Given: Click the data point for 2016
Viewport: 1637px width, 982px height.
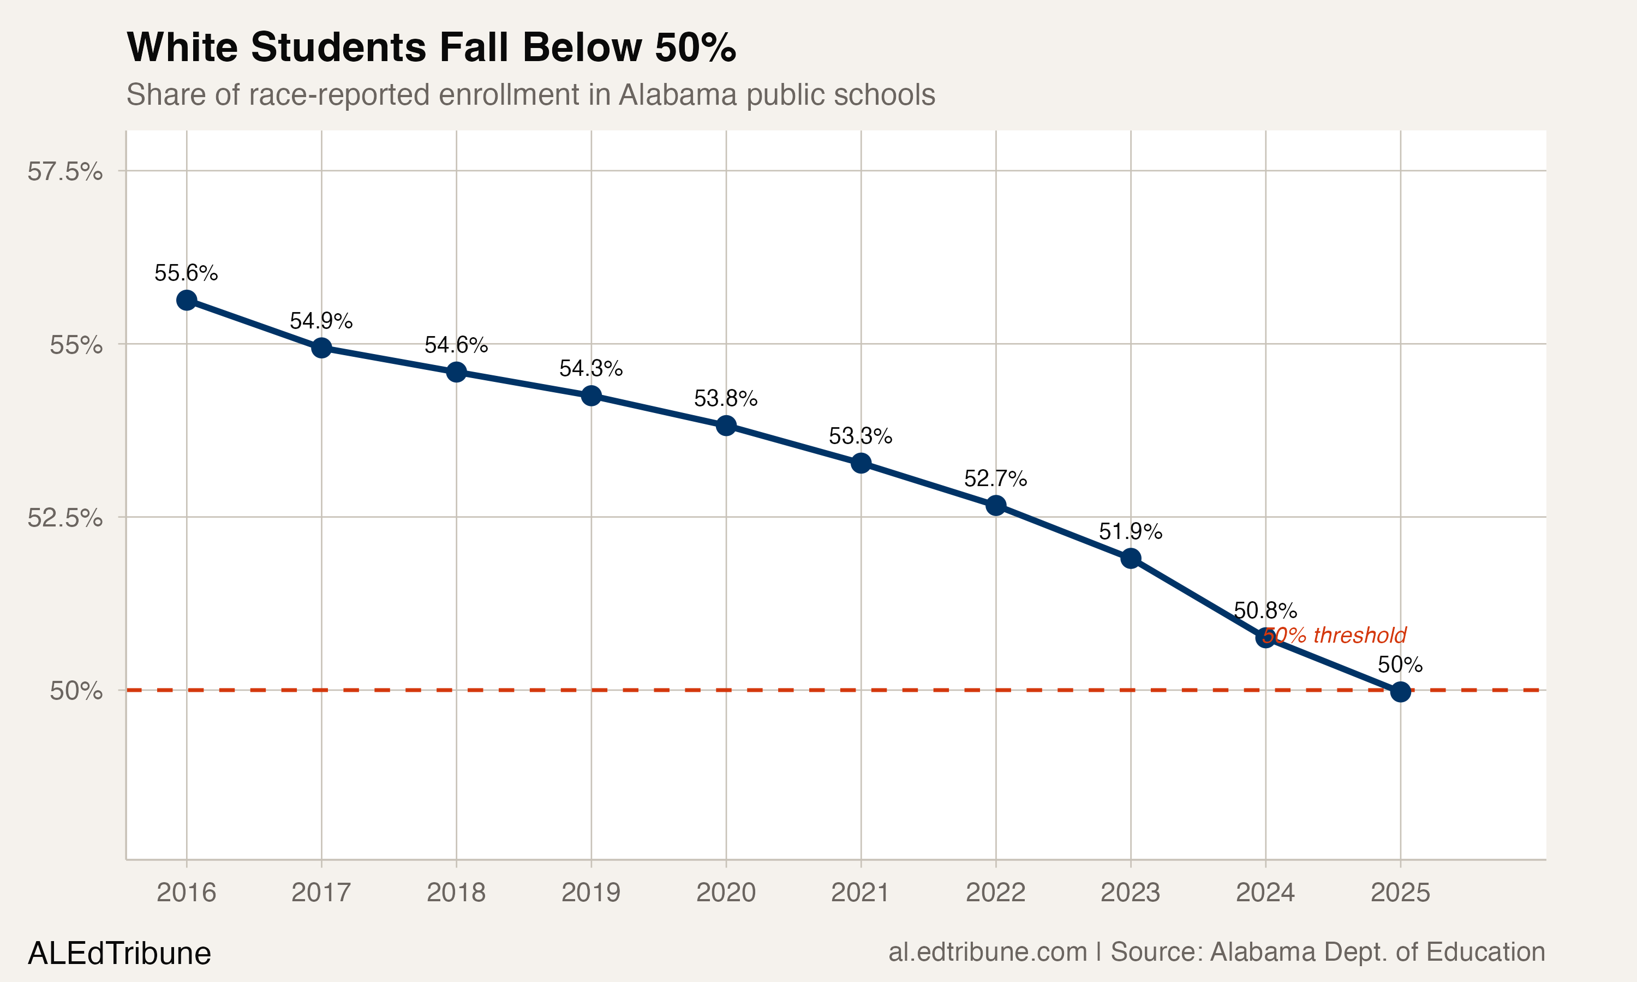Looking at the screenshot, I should [187, 301].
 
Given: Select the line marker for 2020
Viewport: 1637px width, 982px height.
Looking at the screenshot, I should [726, 426].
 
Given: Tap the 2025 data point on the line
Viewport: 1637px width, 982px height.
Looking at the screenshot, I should [1400, 692].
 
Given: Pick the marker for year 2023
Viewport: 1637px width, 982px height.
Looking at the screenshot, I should [1131, 559].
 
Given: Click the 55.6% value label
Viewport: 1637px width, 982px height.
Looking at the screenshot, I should [186, 273].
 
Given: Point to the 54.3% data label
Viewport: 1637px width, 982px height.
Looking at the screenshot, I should [591, 368].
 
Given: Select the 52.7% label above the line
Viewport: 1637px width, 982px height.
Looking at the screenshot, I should [995, 478].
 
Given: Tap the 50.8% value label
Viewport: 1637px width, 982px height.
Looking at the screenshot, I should [1265, 609].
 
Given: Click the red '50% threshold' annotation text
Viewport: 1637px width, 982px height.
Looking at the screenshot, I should [1334, 635].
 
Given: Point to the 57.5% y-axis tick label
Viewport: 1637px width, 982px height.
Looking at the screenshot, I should [65, 171].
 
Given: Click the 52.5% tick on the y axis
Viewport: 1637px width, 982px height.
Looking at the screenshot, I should [65, 518].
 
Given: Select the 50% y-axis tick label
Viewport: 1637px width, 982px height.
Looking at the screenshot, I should [76, 691].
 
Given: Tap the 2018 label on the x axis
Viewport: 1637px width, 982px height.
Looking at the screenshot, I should [456, 893].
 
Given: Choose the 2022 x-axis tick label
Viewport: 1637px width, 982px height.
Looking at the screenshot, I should [995, 893].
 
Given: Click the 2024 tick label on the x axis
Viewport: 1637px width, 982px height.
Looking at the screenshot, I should [1265, 893].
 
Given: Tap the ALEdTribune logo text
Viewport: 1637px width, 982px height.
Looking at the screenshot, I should [119, 954].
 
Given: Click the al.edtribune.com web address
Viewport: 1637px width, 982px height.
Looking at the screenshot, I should [987, 951].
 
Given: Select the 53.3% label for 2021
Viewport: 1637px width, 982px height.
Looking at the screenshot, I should [860, 436].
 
